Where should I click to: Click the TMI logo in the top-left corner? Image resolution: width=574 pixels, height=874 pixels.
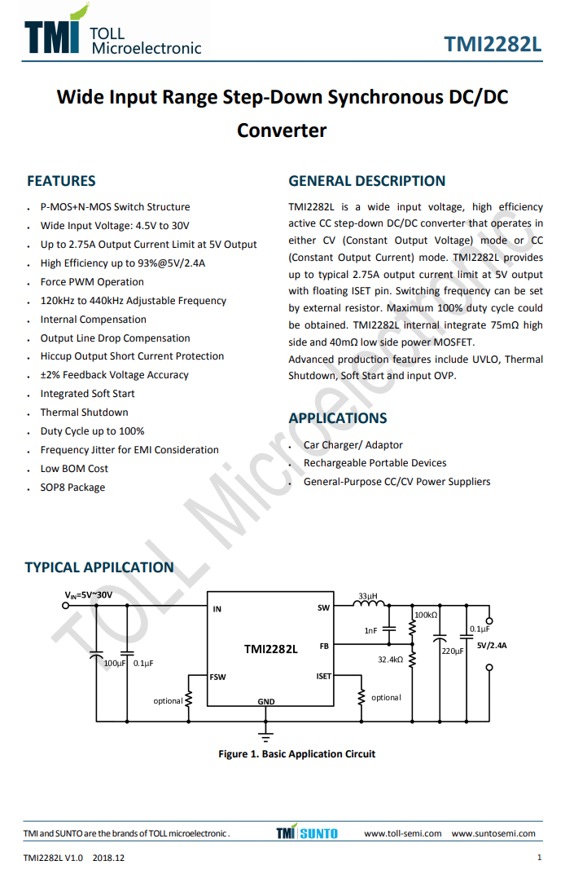53,33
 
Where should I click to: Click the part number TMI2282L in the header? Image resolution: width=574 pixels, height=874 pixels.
493,44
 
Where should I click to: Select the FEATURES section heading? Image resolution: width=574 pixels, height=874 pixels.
61,181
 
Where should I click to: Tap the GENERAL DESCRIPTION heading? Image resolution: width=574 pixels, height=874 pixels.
367,181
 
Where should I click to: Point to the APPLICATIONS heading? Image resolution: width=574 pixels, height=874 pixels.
338,418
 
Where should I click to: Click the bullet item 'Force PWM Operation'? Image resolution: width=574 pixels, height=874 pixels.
92,282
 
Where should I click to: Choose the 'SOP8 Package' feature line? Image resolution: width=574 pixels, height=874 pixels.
72,488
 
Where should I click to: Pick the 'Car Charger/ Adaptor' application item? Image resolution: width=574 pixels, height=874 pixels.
353,445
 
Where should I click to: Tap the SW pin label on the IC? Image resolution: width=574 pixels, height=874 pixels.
323,608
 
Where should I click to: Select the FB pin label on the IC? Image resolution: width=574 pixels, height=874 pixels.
324,646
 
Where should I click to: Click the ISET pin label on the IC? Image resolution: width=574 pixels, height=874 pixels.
323,677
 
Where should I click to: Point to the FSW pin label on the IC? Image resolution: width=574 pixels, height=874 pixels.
217,677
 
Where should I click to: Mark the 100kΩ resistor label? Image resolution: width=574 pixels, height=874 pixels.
426,616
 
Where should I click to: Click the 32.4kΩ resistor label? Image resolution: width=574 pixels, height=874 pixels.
390,660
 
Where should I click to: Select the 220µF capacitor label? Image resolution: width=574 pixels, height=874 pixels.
452,651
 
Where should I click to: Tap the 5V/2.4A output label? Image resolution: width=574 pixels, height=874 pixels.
492,646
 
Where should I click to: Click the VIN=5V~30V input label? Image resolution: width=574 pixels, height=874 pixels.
89,596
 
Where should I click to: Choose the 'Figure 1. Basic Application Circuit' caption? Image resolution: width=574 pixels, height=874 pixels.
296,754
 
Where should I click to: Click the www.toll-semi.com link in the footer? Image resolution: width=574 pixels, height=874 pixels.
402,833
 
